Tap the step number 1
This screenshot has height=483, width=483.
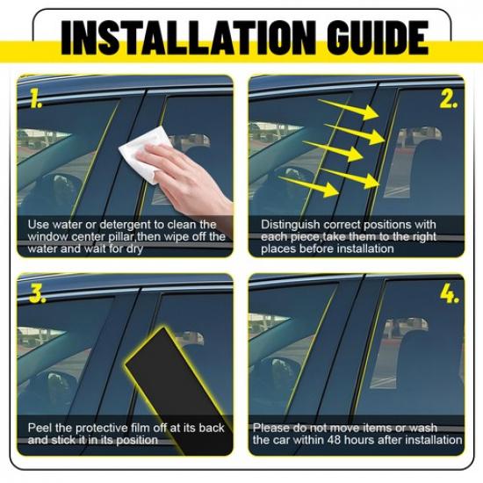click(36, 98)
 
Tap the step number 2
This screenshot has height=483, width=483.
click(449, 99)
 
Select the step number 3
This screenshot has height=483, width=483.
click(37, 294)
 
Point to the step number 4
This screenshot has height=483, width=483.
click(450, 294)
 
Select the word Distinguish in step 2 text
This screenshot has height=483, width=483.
click(291, 225)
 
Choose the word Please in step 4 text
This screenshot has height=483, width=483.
click(272, 428)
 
